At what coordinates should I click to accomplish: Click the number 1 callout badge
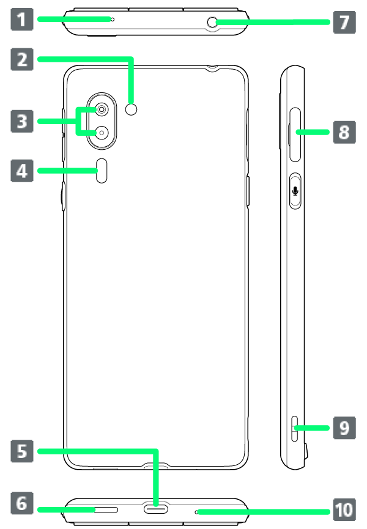(22, 19)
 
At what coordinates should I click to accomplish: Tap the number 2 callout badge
(22, 59)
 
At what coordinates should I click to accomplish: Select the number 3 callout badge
(22, 121)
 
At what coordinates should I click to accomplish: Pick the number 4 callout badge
(22, 171)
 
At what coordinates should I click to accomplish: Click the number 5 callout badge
(22, 451)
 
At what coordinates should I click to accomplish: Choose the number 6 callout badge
(22, 503)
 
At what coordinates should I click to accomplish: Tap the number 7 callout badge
(344, 22)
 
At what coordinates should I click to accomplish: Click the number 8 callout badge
(344, 132)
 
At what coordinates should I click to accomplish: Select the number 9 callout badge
(344, 428)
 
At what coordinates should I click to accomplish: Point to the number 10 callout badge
(344, 510)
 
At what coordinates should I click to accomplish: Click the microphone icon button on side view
(295, 191)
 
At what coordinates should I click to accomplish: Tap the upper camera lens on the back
(102, 109)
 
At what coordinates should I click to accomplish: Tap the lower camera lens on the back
(102, 133)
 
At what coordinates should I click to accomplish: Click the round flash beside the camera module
(132, 109)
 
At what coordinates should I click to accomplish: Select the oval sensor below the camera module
(102, 171)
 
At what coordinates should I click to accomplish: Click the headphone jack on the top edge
(212, 22)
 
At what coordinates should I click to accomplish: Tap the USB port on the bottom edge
(156, 509)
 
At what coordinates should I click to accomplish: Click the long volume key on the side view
(295, 135)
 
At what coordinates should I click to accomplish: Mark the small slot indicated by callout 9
(295, 429)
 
